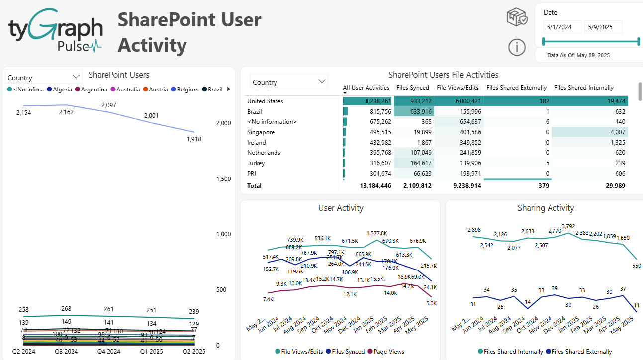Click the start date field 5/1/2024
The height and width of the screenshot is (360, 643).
pos(561,27)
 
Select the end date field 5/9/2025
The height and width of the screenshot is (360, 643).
pos(603,27)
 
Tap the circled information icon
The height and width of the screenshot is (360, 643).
pos(517,47)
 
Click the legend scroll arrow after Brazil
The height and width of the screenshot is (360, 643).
pos(228,89)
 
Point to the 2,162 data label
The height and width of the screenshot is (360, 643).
pos(66,112)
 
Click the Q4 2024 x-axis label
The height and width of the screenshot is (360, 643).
pos(108,352)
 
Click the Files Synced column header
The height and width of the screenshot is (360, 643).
pos(412,88)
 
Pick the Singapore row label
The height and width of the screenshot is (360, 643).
pos(261,132)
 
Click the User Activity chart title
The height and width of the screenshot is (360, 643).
pos(341,208)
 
